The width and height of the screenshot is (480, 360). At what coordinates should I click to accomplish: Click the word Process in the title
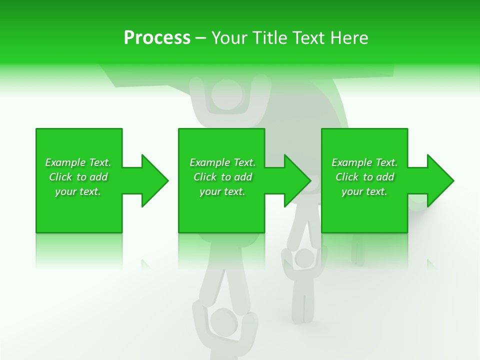[x=157, y=38]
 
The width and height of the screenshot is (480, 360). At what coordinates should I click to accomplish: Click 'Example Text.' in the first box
[x=78, y=162]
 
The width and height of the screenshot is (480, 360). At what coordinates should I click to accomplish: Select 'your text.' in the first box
[x=78, y=191]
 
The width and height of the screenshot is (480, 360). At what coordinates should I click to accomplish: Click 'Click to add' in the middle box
[x=222, y=177]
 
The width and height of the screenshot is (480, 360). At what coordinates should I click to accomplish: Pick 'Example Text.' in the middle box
[x=222, y=162]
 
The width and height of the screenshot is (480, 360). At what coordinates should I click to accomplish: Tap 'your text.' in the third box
[x=364, y=191]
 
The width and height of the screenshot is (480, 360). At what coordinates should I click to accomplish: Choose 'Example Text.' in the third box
[x=364, y=162]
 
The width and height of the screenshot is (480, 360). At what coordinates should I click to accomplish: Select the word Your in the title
[x=229, y=38]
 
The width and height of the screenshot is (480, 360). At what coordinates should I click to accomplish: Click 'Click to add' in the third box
[x=364, y=177]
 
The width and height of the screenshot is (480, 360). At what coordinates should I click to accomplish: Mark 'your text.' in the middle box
[x=222, y=191]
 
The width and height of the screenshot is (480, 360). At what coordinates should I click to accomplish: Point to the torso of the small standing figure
[x=301, y=290]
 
